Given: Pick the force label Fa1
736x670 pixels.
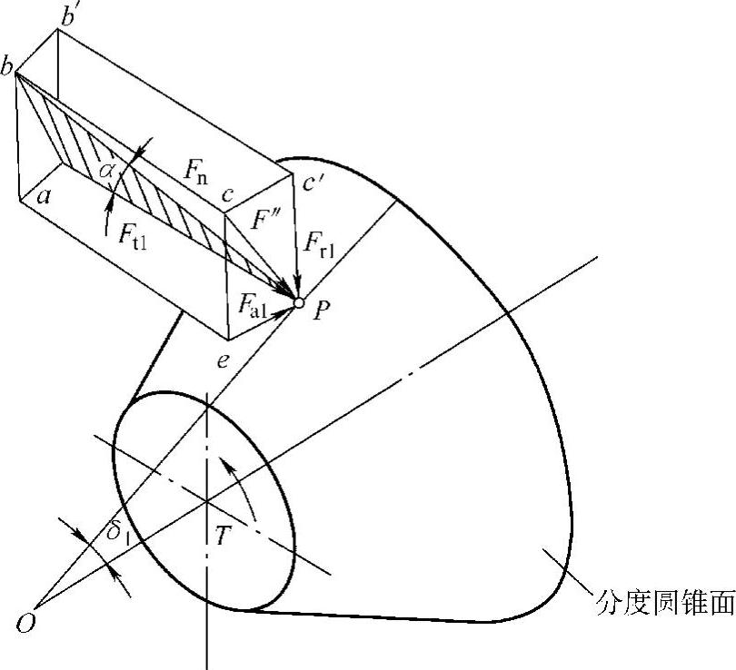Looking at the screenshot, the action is pos(252,306).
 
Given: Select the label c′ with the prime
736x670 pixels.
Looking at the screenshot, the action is pos(315,182).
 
